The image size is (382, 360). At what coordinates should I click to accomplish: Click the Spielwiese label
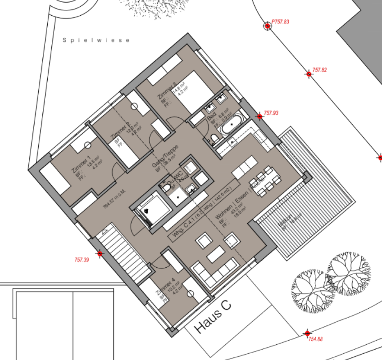96,40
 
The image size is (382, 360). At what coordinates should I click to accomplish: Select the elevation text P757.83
281,22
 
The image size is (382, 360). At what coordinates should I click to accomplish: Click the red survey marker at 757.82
309,74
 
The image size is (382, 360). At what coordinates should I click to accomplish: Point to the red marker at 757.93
259,117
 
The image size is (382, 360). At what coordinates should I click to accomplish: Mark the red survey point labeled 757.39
100,254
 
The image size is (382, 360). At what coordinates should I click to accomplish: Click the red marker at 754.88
307,333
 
